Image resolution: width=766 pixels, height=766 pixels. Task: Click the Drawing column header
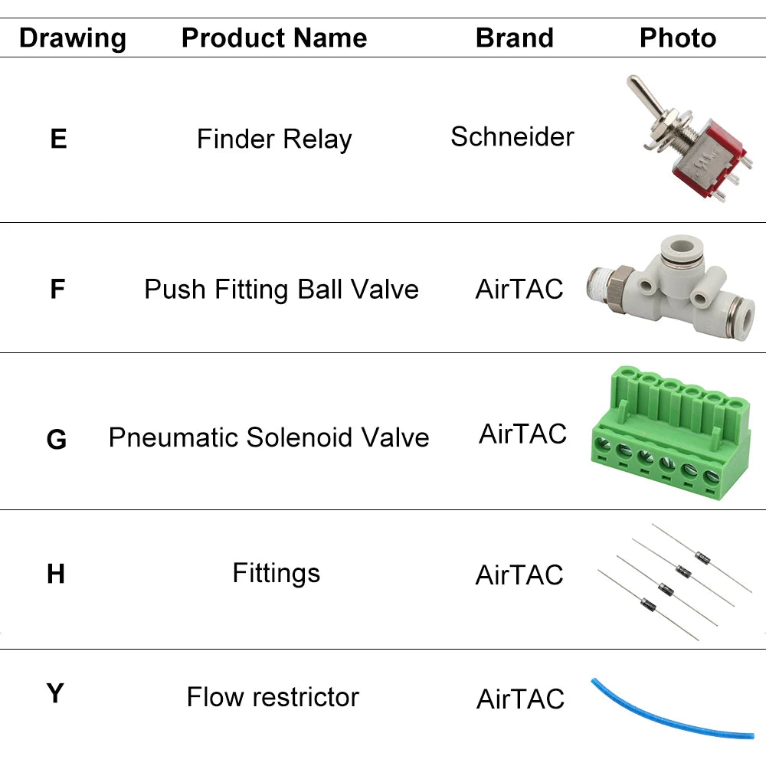click(x=73, y=38)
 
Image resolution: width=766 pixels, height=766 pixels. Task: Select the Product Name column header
click(x=274, y=38)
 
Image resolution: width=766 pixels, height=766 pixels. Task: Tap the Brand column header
click(x=515, y=38)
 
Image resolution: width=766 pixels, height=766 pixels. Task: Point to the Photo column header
click(x=678, y=38)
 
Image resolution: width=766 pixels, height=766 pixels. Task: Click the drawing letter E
click(x=58, y=139)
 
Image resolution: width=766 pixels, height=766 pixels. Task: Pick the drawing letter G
click(x=57, y=440)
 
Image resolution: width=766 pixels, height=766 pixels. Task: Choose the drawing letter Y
click(x=55, y=693)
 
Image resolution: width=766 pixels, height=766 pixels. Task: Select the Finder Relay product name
click(x=274, y=139)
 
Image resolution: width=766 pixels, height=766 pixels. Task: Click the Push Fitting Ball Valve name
click(x=281, y=290)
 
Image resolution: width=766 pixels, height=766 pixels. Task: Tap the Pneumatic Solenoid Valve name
click(x=269, y=437)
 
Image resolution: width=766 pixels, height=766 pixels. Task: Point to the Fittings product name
click(x=276, y=573)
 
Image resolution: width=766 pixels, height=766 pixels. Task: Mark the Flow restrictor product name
click(x=273, y=697)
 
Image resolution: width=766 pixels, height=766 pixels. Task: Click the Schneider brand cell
click(x=512, y=137)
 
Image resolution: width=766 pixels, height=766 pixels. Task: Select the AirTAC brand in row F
click(x=519, y=290)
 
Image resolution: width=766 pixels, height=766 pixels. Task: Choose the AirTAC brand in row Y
click(x=520, y=699)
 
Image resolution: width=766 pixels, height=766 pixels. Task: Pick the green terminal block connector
click(x=669, y=433)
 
